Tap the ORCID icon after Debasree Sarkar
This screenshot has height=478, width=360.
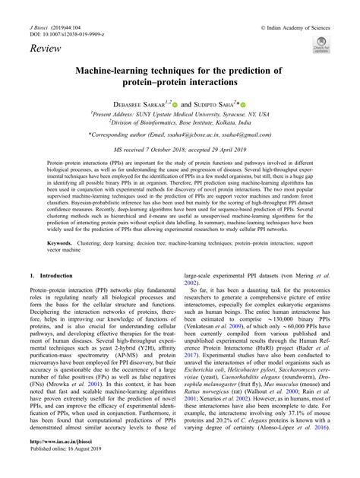(175, 103)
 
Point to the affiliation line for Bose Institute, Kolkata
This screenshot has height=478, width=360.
(180, 121)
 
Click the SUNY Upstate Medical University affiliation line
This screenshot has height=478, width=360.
(180, 112)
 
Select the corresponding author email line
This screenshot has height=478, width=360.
(180, 136)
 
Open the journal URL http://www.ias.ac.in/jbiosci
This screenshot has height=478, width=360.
(58, 461)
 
